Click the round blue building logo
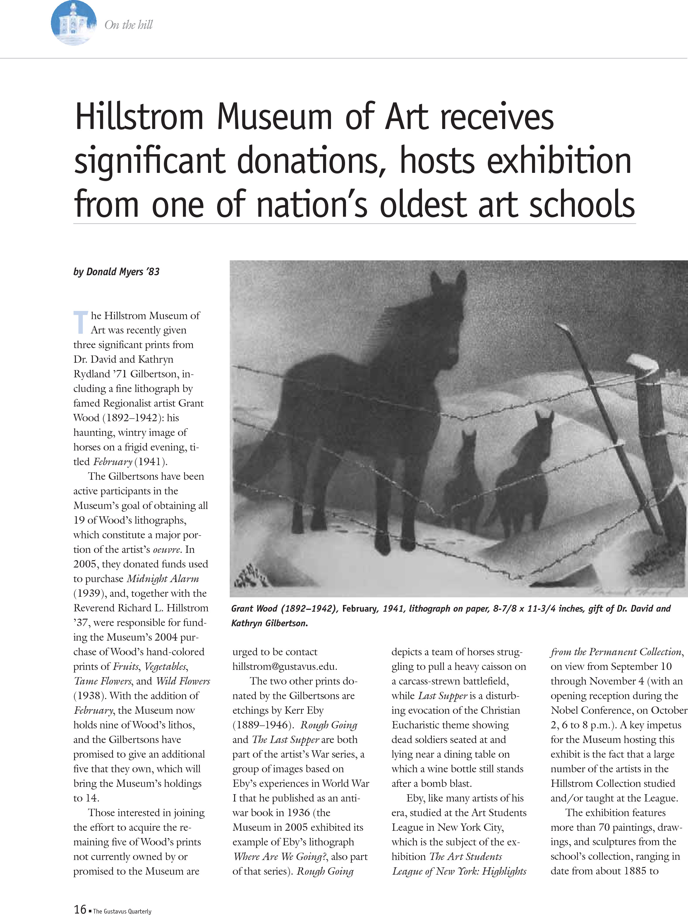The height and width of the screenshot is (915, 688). [x=74, y=23]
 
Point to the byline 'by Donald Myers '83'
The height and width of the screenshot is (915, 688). [x=116, y=272]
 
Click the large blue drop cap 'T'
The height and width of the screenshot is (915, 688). [x=81, y=322]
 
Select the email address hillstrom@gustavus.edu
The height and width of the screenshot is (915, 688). [x=285, y=666]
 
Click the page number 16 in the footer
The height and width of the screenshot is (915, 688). [x=80, y=908]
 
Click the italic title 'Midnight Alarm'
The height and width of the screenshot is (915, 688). [x=163, y=579]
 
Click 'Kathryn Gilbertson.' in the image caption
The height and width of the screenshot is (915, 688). [x=269, y=623]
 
